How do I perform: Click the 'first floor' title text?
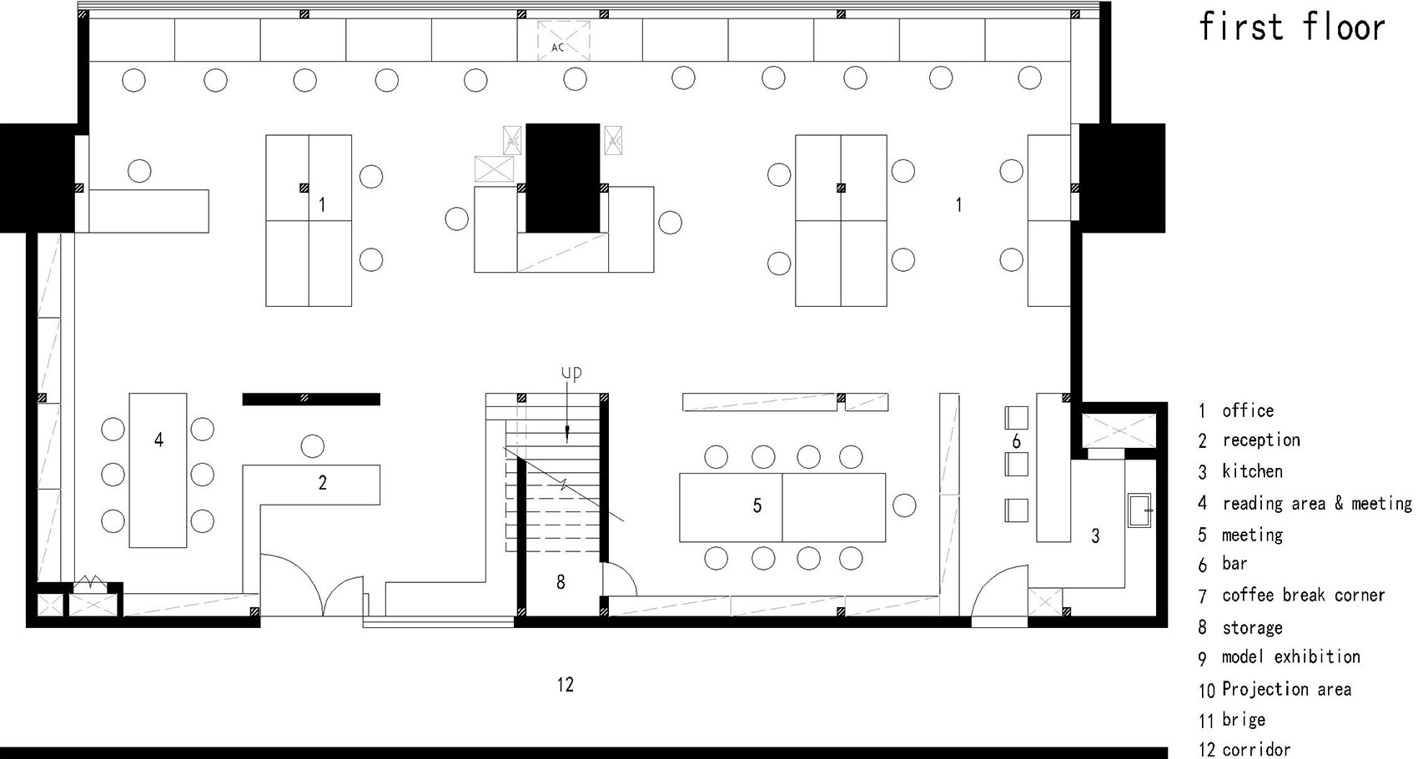tap(1291, 28)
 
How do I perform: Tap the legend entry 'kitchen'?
tap(1252, 471)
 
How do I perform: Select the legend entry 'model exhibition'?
tap(1290, 657)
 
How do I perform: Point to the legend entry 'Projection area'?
tap(1286, 689)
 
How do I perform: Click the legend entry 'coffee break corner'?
tap(1303, 596)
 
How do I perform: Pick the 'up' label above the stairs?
tap(571, 374)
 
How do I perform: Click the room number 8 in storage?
tap(561, 582)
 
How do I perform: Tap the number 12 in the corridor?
tap(566, 685)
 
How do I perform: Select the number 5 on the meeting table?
tap(757, 505)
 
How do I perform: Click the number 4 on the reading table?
tap(158, 440)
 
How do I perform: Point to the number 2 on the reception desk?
tap(322, 483)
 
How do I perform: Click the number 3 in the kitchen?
tap(1095, 536)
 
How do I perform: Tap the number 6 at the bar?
tap(1016, 440)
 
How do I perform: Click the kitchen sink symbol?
tap(1139, 510)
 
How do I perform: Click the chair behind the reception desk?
tap(312, 446)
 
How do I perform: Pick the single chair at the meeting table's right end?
tap(904, 505)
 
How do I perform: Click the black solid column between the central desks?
tap(562, 178)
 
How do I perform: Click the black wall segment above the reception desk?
tap(311, 400)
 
